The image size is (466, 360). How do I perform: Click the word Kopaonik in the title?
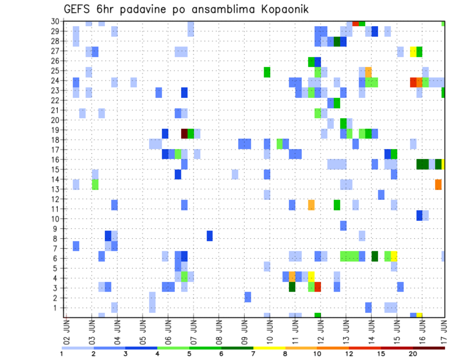click(280, 9)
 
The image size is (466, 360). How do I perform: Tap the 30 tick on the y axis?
click(56, 21)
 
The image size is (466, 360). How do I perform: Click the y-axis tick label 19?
click(56, 131)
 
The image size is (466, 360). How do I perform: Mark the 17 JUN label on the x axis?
click(444, 330)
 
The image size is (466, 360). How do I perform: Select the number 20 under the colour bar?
click(413, 354)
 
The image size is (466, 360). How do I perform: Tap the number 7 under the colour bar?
click(253, 354)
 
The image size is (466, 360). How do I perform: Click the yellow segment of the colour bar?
click(269, 347)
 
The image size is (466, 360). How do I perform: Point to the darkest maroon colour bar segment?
click(429, 347)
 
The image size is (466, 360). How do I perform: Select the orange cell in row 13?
click(438, 184)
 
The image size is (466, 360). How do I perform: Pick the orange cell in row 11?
click(311, 205)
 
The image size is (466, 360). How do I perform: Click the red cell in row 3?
click(318, 287)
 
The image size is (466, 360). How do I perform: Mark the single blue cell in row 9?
click(343, 226)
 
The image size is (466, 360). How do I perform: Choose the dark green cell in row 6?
click(375, 256)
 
